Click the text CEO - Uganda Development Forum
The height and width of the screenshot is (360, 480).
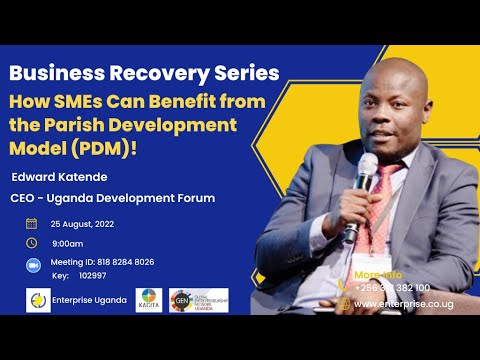coord(113,197)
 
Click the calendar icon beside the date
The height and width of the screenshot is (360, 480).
coord(31,223)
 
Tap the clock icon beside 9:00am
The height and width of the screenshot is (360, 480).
coord(31,242)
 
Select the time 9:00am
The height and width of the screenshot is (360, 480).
coord(68,243)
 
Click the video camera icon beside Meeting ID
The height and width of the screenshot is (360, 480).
coord(31,262)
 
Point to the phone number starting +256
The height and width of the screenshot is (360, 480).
coord(393,287)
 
